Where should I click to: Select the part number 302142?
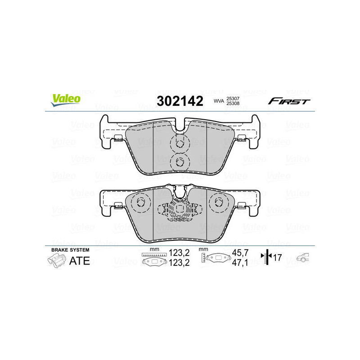pyautogui.click(x=180, y=101)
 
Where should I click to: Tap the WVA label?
pyautogui.click(x=218, y=102)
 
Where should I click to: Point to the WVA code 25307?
pyautogui.click(x=232, y=98)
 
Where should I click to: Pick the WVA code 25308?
pyautogui.click(x=232, y=103)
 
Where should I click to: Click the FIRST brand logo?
pyautogui.click(x=289, y=101)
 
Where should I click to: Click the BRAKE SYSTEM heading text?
pyautogui.click(x=70, y=250)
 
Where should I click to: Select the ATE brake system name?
pyautogui.click(x=79, y=261)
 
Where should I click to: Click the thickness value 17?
pyautogui.click(x=278, y=258)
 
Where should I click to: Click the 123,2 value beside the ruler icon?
pyautogui.click(x=178, y=254)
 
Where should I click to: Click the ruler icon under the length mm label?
pyautogui.click(x=153, y=255)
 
